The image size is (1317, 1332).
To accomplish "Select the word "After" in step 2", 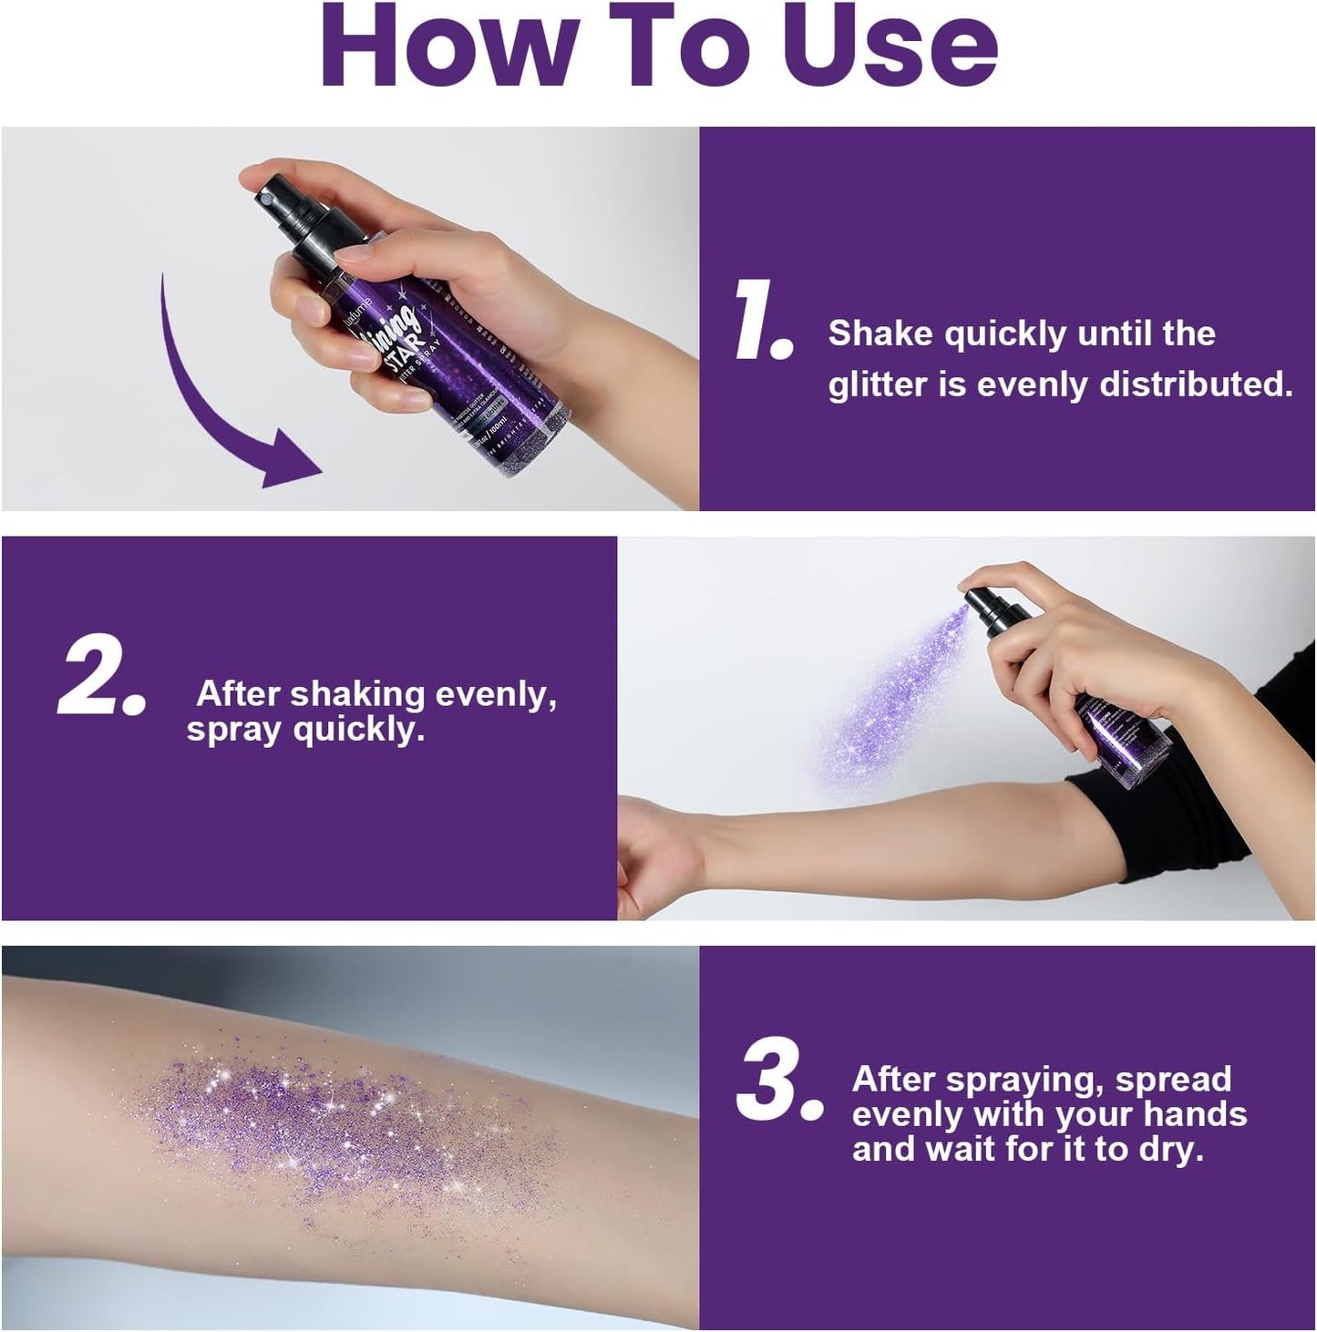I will tap(239, 694).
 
